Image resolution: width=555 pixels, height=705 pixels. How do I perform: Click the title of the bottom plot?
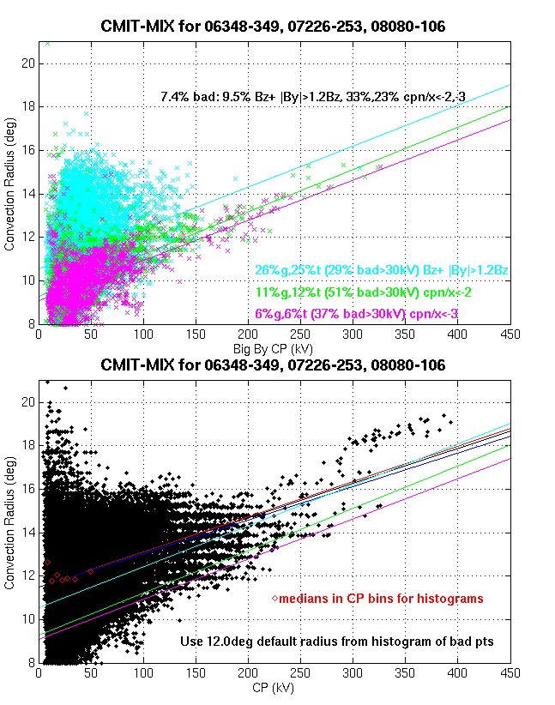click(x=273, y=365)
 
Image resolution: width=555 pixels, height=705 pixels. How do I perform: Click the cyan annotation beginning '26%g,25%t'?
click(x=381, y=270)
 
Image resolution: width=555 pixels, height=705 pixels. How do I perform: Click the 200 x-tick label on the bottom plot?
click(x=248, y=673)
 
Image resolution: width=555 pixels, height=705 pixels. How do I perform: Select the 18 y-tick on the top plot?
click(x=28, y=106)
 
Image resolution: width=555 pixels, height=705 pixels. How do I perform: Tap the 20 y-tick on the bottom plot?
click(x=28, y=401)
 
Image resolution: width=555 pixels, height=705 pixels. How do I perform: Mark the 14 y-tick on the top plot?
click(x=28, y=194)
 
